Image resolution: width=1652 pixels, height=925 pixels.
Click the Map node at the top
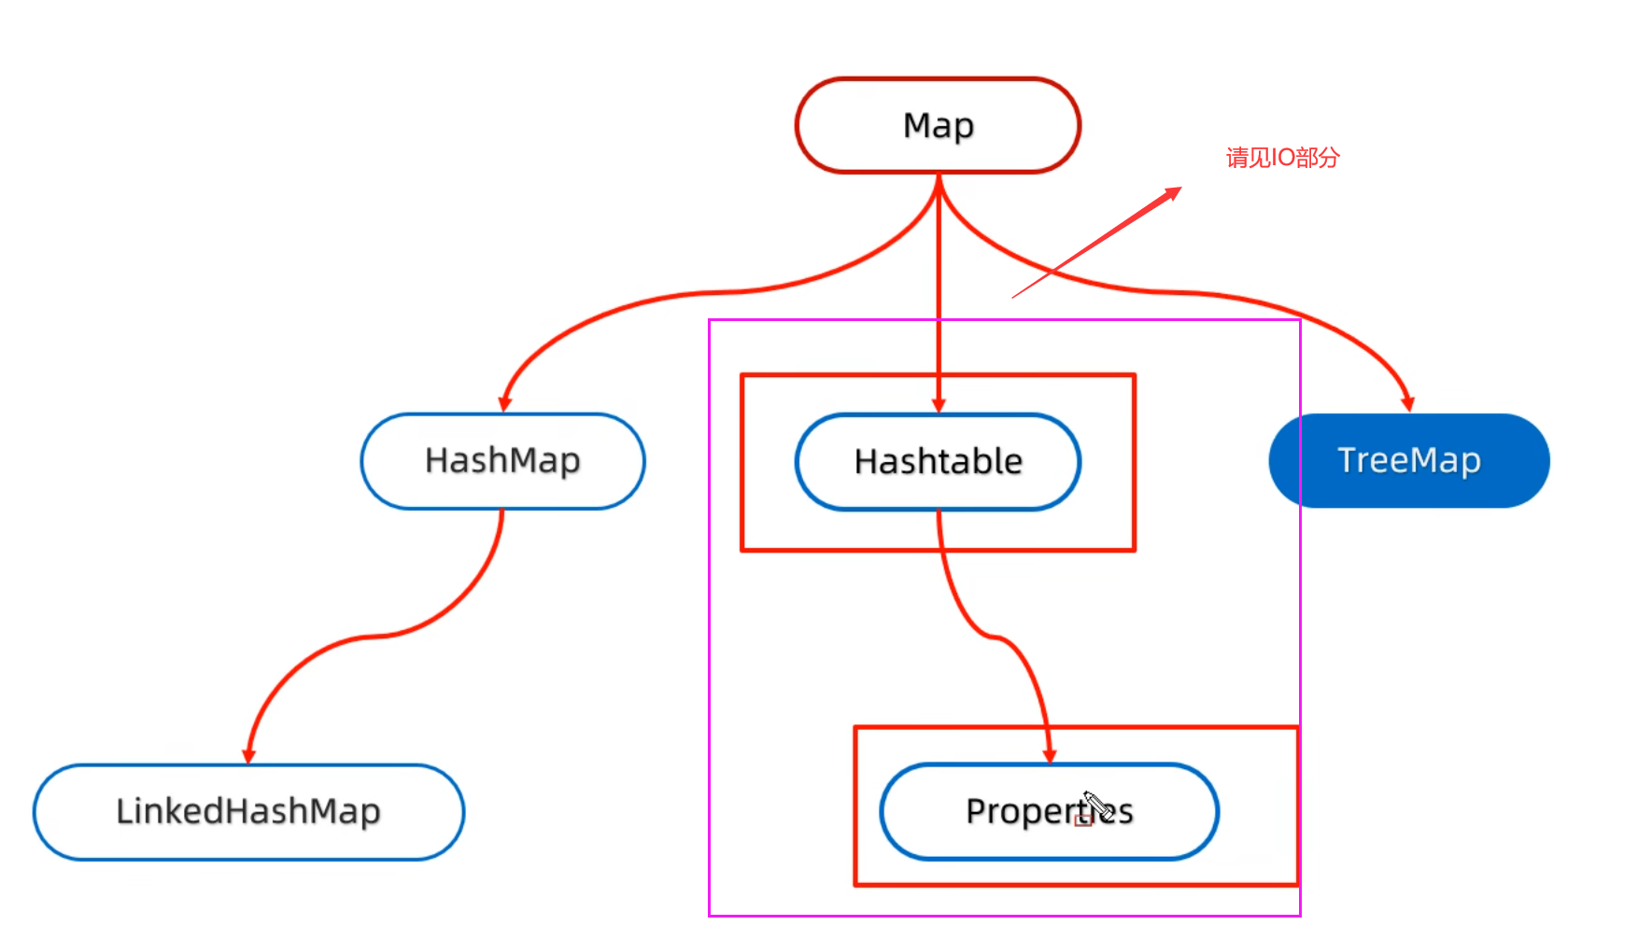pos(938,125)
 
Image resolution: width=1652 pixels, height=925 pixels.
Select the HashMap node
pos(502,461)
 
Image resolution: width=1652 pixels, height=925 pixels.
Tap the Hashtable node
pos(938,462)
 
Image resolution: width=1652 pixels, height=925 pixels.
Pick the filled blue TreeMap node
pos(1408,461)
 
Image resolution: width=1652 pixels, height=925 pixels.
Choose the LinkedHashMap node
pos(248,812)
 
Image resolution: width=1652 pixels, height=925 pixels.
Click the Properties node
pos(1049,812)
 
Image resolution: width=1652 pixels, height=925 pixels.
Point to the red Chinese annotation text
pos(1282,158)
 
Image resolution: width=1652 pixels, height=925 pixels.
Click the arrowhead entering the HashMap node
pos(505,403)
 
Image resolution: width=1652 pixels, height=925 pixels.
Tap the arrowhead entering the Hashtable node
pos(939,404)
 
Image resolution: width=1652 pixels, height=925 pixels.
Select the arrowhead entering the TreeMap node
pos(1407,403)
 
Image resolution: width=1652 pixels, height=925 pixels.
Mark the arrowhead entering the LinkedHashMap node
pos(248,755)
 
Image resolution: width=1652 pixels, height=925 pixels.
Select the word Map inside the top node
pos(938,125)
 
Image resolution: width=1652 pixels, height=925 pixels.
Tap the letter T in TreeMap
pos(1347,459)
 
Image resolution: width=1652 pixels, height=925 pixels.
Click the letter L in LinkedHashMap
pos(122,811)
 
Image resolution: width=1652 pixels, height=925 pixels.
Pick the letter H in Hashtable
pos(865,461)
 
